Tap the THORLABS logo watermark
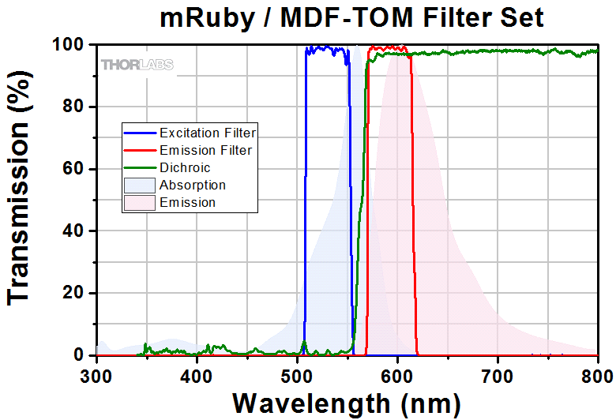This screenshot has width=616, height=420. coord(137,65)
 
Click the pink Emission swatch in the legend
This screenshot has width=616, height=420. coord(139,202)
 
